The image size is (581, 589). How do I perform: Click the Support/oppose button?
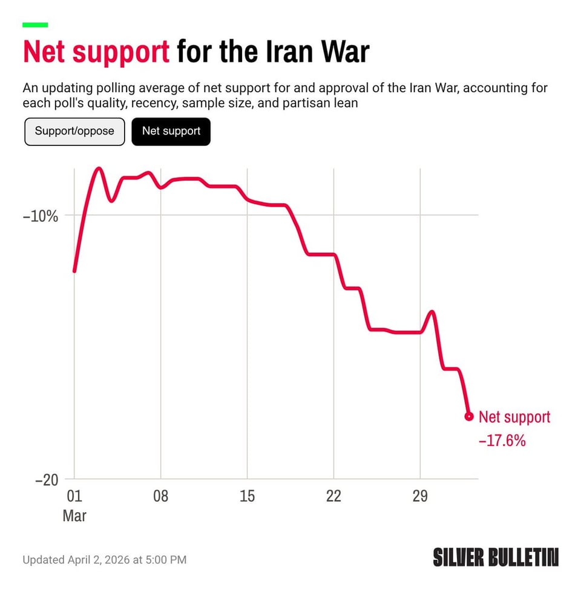[74, 131]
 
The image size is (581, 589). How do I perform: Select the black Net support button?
[171, 131]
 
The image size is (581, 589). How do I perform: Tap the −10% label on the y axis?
[41, 216]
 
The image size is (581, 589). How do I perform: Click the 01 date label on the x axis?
[74, 496]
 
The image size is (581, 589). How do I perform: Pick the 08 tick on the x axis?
[160, 496]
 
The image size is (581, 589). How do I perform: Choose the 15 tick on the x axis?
[247, 496]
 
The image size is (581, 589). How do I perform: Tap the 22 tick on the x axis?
[333, 496]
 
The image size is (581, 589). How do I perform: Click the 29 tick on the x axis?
[420, 496]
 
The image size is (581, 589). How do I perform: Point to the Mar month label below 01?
[74, 516]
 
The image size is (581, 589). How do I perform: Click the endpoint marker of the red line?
[468, 416]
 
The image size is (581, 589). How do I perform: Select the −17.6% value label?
[502, 441]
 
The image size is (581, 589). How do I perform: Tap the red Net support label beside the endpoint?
[514, 417]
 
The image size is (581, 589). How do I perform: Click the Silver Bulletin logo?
[496, 557]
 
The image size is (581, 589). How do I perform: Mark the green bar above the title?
[35, 25]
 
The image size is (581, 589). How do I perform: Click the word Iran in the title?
[292, 53]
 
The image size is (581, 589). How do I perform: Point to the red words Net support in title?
[96, 53]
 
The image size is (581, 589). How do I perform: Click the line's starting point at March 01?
[74, 271]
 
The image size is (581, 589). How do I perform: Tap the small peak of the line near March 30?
[432, 311]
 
